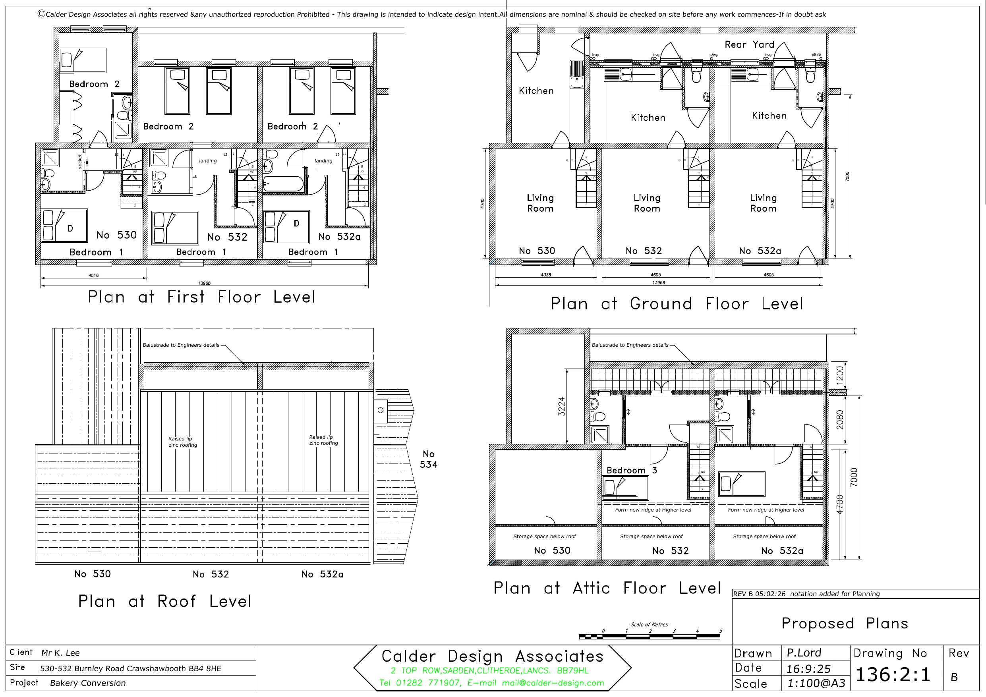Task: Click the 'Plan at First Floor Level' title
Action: [201, 297]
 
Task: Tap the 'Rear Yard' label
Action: [749, 44]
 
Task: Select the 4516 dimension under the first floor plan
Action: [93, 275]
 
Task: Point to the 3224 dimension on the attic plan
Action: [561, 406]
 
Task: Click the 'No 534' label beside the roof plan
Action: [428, 459]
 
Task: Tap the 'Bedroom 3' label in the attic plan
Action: [631, 470]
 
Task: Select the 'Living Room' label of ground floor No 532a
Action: [763, 203]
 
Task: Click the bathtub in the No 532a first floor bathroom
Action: [283, 184]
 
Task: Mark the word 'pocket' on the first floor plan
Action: [80, 162]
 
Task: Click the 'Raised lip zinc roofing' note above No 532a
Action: [323, 440]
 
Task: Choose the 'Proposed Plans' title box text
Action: [844, 623]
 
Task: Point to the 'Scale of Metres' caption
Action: [649, 624]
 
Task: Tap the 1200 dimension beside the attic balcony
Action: [840, 375]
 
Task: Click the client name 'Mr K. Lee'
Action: [60, 653]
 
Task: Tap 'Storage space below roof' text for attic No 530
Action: [545, 537]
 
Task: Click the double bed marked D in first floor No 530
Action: [64, 226]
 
